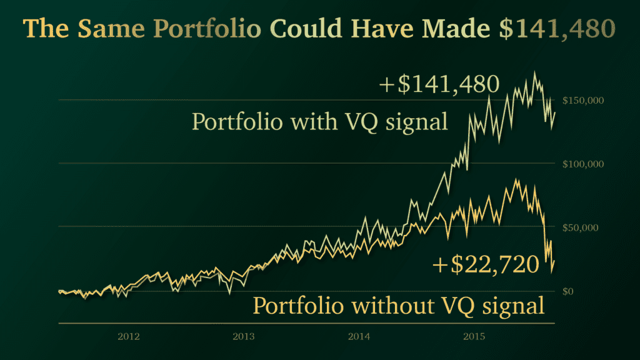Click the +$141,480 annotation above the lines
[x=439, y=84]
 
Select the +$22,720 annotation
[x=485, y=265]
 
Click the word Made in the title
[x=457, y=29]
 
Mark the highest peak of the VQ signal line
[x=534, y=72]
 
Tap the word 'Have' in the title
[x=384, y=29]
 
